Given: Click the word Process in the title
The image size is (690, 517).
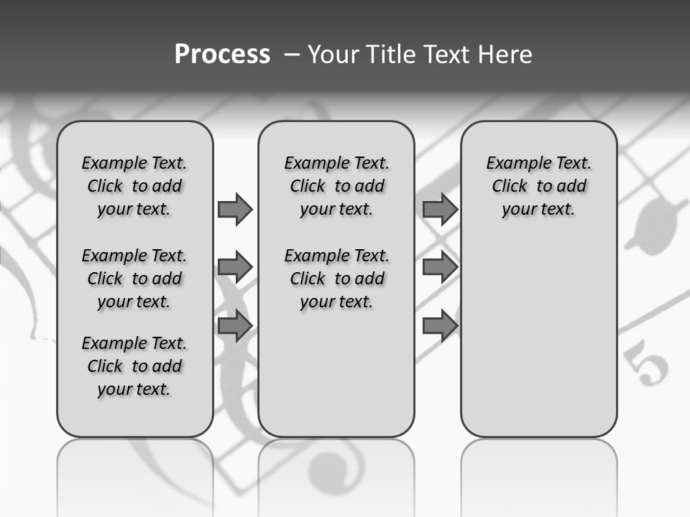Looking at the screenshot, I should [222, 55].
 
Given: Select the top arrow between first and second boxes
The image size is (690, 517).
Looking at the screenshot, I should [235, 209].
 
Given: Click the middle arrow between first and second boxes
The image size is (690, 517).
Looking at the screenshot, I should [235, 267].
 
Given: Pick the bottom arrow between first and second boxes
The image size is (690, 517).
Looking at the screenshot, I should [235, 326].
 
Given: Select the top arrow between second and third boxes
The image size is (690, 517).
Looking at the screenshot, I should [440, 209].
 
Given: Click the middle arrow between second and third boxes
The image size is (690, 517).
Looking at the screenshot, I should [440, 267].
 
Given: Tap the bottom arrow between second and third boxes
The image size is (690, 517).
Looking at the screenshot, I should [440, 326].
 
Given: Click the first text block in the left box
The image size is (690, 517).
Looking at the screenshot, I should [134, 186].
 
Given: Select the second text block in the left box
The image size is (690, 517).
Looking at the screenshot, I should [134, 279].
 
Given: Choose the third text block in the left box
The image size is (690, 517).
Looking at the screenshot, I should [134, 366].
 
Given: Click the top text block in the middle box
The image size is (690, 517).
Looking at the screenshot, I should [336, 186].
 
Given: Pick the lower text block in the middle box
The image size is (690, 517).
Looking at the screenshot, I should [336, 279].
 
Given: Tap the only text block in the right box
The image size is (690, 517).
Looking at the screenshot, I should [538, 186].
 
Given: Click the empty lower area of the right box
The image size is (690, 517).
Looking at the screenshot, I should [538, 337].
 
